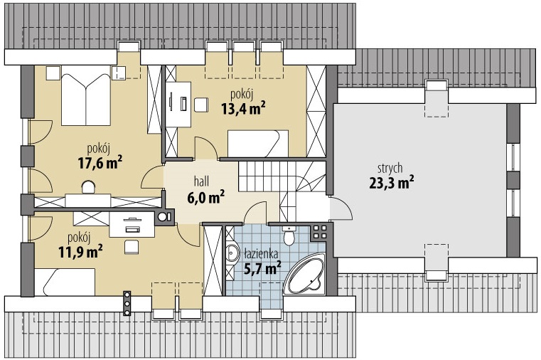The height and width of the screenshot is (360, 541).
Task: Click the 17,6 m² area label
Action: pyautogui.click(x=100, y=163)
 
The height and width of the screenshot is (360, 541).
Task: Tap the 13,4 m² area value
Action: pyautogui.click(x=243, y=108)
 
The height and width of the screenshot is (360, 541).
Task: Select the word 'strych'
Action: pyautogui.click(x=390, y=169)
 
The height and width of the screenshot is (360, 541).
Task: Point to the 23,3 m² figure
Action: pyautogui.click(x=392, y=183)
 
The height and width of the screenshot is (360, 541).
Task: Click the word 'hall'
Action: pyautogui.click(x=201, y=181)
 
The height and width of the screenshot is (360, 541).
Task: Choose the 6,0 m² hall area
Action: pyautogui.click(x=205, y=197)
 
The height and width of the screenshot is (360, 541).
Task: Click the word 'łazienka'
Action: pyautogui.click(x=260, y=254)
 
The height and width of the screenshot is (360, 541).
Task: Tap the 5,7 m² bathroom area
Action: pyautogui.click(x=262, y=268)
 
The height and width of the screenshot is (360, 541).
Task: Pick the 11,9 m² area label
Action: pyautogui.click(x=80, y=251)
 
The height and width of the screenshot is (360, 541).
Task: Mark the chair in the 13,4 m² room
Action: pyautogui.click(x=200, y=105)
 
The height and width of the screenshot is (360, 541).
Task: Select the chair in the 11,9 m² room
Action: pyautogui.click(x=132, y=247)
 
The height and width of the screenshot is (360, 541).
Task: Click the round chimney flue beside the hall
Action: pyautogui.click(x=161, y=217)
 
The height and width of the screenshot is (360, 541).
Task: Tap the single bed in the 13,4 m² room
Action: pyautogui.click(x=258, y=144)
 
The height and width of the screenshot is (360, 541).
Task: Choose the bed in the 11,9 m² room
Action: pyautogui.click(x=65, y=282)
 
